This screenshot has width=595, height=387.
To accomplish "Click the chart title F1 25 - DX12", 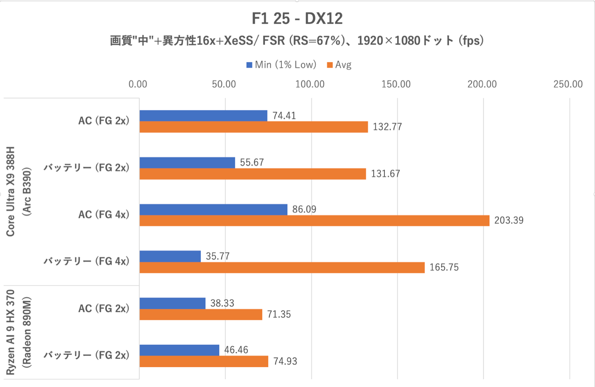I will coord(297,19).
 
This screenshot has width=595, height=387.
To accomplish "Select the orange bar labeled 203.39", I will coord(314,221).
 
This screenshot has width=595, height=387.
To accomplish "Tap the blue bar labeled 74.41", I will coord(203,115).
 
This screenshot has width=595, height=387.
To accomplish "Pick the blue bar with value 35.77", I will coord(170,256).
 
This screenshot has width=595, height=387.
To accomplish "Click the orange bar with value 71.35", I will coord(200,315).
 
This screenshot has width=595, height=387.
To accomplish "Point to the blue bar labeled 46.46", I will coord(179,350).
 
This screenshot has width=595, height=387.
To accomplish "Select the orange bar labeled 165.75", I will coord(282,268).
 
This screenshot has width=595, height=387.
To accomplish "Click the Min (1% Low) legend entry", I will coord(281,65).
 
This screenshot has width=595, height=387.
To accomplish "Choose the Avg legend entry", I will coord(339,65).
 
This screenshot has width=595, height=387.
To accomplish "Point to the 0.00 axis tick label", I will coord(138,84).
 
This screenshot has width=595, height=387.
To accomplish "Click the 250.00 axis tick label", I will coord(568,84).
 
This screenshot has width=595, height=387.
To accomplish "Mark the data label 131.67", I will coord(385,174).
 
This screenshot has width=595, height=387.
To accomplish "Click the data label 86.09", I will coord(304,209).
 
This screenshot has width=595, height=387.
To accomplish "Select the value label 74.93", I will coord(285,362).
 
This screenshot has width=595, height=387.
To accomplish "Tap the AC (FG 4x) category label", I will coord(103,215).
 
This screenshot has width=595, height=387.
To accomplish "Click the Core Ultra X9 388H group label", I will coord(10,191).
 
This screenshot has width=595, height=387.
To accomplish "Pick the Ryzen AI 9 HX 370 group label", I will coord(10,332).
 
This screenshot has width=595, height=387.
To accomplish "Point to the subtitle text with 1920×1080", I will coord(297,41).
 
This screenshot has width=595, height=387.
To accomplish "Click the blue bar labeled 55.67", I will coord(187,162).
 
